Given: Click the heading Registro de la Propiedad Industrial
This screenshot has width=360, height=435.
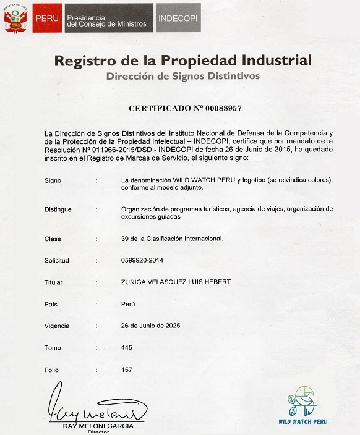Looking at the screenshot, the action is pos(182,61).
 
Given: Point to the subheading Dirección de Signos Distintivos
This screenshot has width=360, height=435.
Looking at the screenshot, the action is pos(183,76).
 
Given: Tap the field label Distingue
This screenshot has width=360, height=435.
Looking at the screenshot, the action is pos(58,209).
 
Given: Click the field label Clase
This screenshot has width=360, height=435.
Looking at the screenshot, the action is pos(53,239).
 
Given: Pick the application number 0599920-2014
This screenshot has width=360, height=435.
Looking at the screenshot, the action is pos(144,260).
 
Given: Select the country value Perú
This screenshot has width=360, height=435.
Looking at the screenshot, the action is pos(129,304).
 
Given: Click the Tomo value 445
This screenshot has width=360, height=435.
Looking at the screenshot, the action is pos(127,348).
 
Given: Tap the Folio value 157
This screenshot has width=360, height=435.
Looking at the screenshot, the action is pos(127,370).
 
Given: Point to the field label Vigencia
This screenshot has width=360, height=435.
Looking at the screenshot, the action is pos(57,326).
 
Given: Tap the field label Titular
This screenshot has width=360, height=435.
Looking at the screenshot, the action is pos(54,282).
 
